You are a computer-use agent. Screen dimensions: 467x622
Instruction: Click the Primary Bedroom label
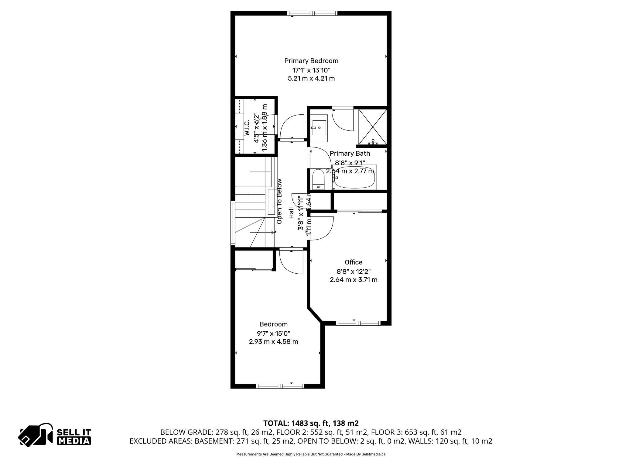pos(311,61)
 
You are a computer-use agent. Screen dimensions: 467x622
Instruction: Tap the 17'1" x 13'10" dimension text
pos(311,70)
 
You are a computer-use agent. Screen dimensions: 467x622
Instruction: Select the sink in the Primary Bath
pos(319,128)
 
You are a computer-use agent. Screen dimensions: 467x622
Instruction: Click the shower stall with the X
pos(373,127)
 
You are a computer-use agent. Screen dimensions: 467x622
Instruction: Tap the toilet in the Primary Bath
pos(318,179)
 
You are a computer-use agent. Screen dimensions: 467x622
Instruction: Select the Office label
pos(354,262)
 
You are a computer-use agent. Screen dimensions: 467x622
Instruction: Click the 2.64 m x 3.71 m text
pos(354,280)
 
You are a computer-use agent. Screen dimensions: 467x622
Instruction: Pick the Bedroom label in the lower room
pos(273,324)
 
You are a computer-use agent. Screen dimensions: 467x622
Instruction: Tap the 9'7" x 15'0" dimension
pos(273,333)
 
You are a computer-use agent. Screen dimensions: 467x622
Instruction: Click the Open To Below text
pos(279,201)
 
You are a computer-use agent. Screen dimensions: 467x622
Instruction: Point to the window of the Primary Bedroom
pos(312,13)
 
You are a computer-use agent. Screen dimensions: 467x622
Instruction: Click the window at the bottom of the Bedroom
pos(280,386)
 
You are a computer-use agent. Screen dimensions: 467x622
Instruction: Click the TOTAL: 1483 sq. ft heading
pos(311,423)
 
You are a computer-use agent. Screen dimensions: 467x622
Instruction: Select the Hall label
pos(291,213)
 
